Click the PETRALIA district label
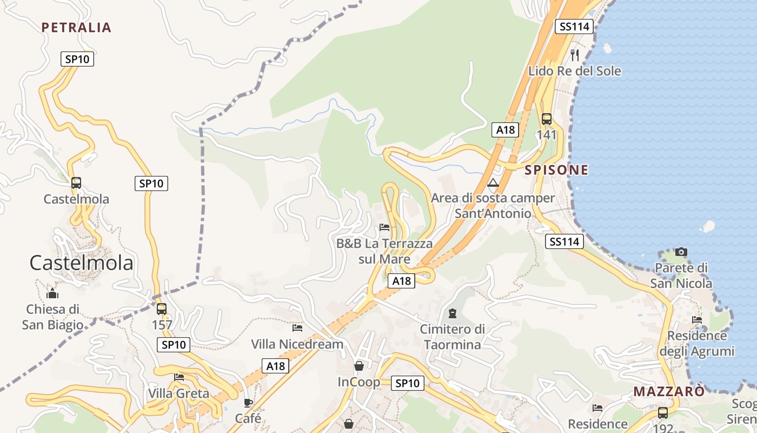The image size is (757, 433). click(76, 28)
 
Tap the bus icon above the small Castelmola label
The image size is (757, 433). click(76, 183)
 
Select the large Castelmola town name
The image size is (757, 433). click(81, 263)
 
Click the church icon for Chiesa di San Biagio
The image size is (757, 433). click(52, 293)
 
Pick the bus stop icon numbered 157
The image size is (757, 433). click(162, 309)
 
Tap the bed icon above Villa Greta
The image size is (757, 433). click(179, 377)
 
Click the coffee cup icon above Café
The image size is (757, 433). click(248, 403)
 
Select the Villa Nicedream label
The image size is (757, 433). click(297, 344)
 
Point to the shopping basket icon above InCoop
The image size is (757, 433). click(358, 366)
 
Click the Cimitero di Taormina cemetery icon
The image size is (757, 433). click(452, 313)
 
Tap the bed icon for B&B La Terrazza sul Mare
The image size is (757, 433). click(384, 227)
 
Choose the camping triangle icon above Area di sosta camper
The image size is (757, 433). click(493, 183)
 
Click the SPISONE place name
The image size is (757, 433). click(556, 170)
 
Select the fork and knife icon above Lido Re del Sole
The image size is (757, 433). click(575, 55)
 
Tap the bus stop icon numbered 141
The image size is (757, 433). click(547, 119)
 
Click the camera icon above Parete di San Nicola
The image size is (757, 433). click(681, 252)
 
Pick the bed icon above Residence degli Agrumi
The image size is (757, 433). click(697, 320)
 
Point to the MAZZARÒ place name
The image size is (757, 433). click(669, 391)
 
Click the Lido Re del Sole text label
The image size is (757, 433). click(575, 71)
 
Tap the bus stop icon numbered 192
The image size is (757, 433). click(663, 413)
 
